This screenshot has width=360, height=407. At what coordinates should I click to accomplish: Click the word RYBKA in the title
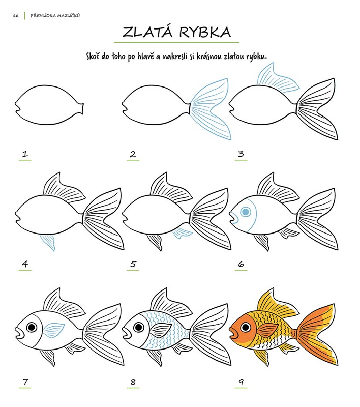coord(204,32)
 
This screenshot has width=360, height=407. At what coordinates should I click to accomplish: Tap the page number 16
coord(16,16)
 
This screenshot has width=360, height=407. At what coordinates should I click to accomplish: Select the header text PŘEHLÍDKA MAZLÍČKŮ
coord(55,16)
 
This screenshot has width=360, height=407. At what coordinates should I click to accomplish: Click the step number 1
coord(25,154)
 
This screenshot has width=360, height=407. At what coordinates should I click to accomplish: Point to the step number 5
coord(133,264)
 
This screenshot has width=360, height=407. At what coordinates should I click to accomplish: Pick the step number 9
coord(241,382)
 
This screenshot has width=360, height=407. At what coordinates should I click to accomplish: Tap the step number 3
coord(241,154)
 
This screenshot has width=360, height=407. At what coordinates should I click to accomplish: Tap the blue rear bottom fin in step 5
coord(183,232)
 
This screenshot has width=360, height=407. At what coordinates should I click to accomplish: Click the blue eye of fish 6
coord(246,212)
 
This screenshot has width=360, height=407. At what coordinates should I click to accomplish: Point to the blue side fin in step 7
coord(53,330)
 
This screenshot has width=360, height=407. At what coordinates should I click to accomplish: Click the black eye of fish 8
coord(139,327)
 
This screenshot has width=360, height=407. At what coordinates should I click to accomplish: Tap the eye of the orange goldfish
coord(246,327)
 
